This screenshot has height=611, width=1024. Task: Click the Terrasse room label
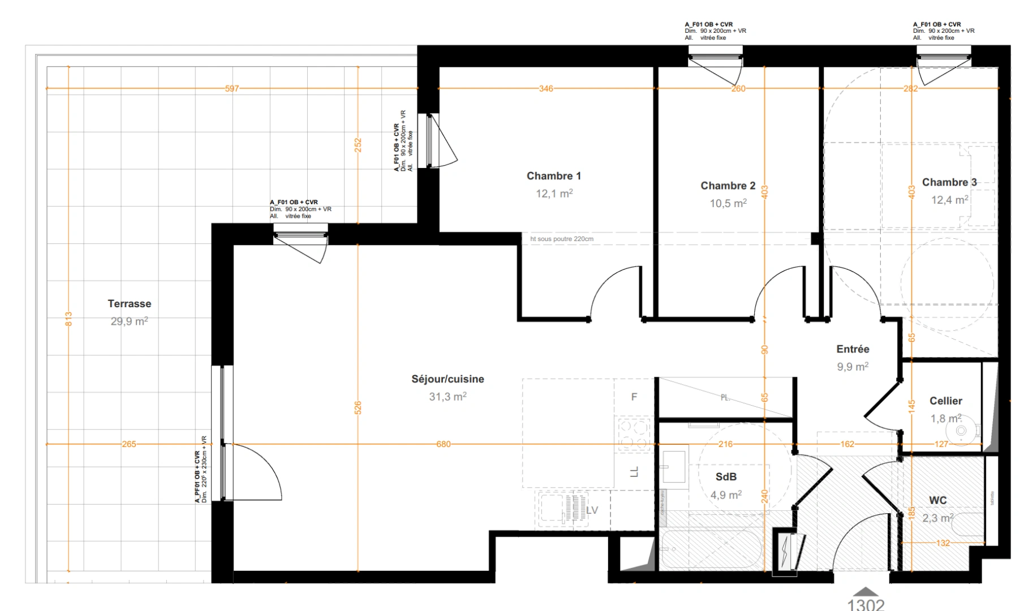tap(130, 304)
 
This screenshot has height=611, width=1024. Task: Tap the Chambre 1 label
tap(554, 176)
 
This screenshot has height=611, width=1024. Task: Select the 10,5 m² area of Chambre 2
tap(728, 203)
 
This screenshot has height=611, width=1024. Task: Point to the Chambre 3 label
tap(949, 182)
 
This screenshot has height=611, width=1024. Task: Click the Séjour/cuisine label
tap(448, 379)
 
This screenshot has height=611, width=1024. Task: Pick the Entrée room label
tap(853, 349)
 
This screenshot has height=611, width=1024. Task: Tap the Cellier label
tap(945, 401)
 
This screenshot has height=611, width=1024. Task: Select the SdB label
tap(726, 477)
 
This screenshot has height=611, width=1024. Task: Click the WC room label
tap(937, 500)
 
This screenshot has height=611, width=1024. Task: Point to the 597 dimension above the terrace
tap(232, 89)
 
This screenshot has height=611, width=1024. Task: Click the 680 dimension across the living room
tap(444, 444)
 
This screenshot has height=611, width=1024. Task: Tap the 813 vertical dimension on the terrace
tap(68, 319)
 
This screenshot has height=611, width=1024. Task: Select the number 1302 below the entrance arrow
tap(866, 604)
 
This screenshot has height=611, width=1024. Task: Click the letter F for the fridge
tap(634, 397)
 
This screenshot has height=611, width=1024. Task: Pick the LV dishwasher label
tap(592, 510)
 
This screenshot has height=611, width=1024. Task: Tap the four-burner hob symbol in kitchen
tap(634, 433)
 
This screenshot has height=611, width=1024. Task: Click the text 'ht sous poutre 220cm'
tap(562, 239)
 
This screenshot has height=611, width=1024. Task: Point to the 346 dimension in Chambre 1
tap(546, 89)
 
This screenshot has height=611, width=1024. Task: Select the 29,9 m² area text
tap(130, 321)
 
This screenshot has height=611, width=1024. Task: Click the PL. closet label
tap(725, 398)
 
